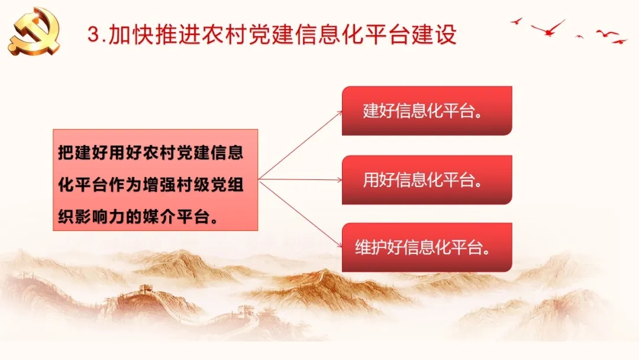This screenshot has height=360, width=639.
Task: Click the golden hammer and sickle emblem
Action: [34, 32]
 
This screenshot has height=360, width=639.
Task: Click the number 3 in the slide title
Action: [93, 34]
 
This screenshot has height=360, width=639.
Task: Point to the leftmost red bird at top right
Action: [517, 21]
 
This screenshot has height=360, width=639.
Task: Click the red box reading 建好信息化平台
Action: [427, 111]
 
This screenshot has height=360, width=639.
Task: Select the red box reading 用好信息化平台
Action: [427, 180]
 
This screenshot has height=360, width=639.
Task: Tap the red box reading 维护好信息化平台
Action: [427, 247]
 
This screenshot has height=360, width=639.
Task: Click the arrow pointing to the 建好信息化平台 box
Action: [301, 144]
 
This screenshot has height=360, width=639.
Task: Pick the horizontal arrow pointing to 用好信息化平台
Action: [301, 179]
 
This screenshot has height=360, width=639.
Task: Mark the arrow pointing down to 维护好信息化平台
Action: [301, 213]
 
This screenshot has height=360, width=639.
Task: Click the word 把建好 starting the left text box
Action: [83, 153]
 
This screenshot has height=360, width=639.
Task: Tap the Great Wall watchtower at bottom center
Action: [246, 310]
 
